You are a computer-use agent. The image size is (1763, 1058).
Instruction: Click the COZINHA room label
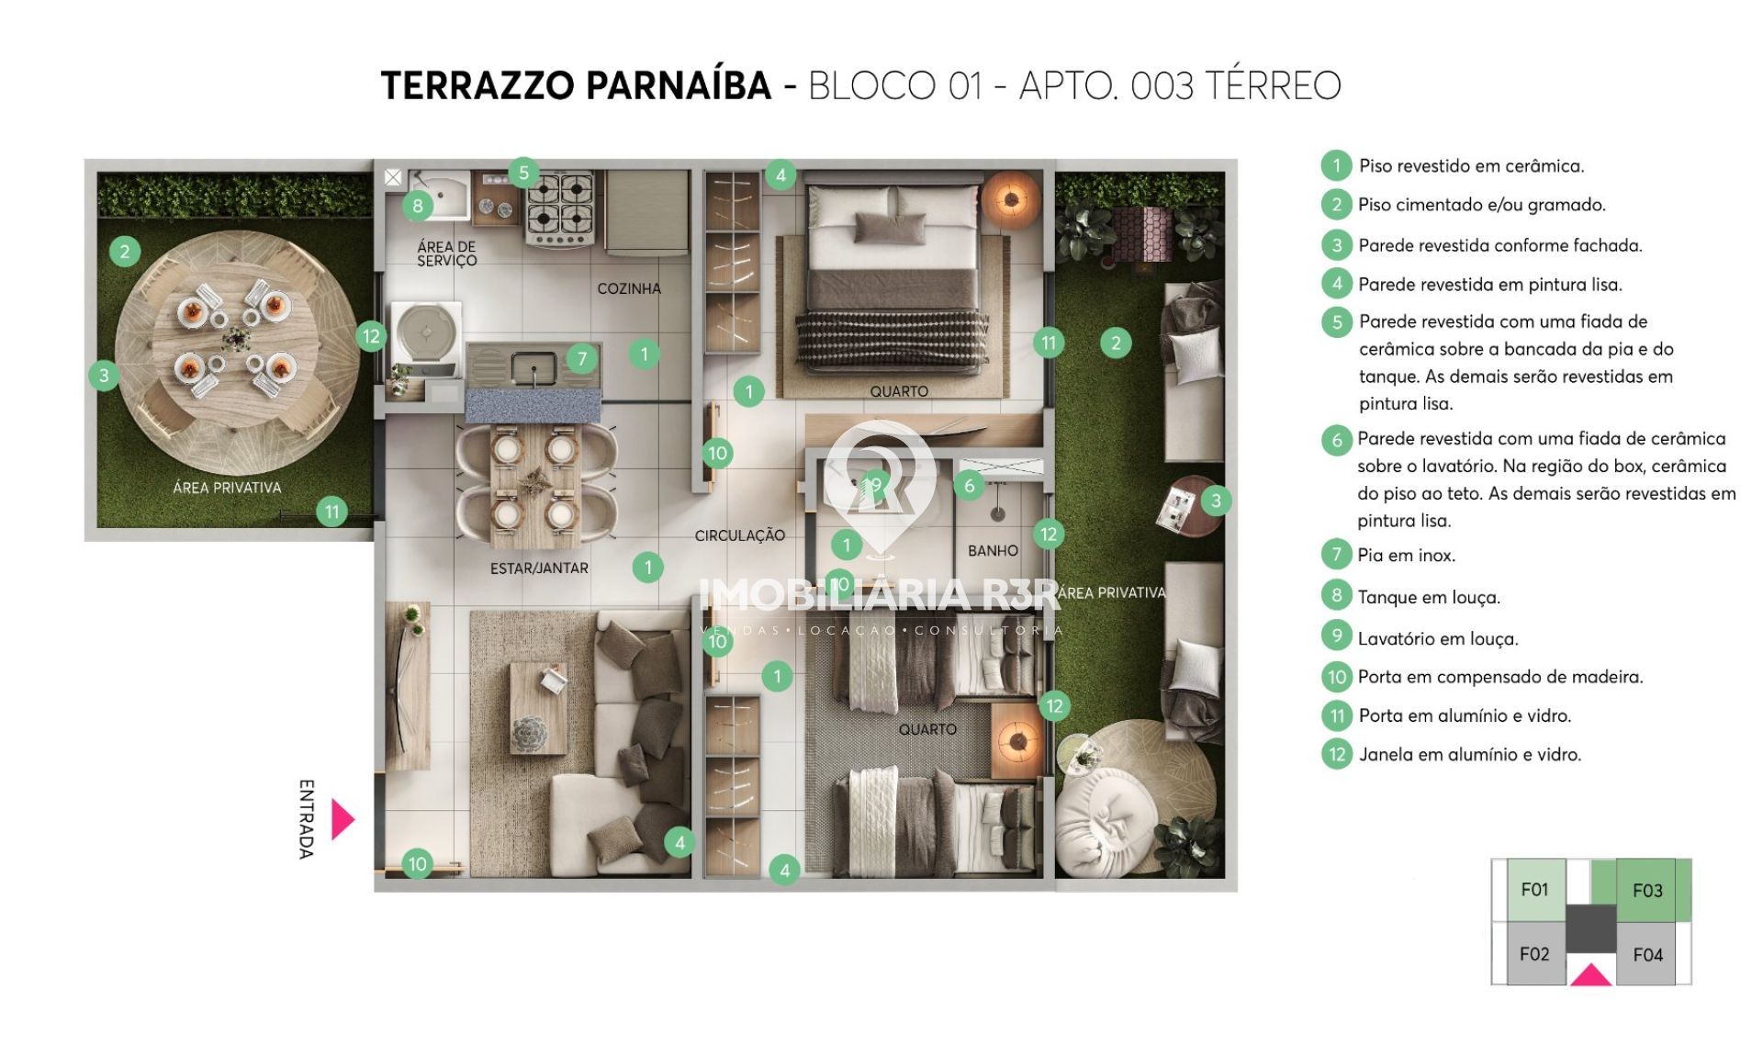(x=629, y=288)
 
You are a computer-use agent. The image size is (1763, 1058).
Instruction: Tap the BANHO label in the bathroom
(x=993, y=551)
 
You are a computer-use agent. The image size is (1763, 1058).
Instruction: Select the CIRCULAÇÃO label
(x=739, y=535)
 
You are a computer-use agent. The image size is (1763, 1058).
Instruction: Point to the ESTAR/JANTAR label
(x=539, y=568)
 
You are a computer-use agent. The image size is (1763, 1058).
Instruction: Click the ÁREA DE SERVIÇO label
(x=447, y=253)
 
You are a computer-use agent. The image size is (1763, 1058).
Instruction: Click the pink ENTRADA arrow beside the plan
(x=342, y=819)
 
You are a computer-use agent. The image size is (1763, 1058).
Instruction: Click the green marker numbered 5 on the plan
(x=523, y=172)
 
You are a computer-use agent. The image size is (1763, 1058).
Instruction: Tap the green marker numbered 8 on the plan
(x=418, y=206)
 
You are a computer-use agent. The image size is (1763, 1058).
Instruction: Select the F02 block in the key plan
(x=1535, y=954)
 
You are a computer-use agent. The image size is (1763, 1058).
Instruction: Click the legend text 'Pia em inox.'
(x=1407, y=555)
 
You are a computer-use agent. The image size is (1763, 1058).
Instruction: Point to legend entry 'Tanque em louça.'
(x=1429, y=597)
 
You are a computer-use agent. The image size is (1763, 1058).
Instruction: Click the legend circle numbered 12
(x=1337, y=754)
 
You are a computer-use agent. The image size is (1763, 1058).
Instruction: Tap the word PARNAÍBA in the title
(x=679, y=85)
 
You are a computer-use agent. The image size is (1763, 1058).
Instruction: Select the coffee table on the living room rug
(x=538, y=708)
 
